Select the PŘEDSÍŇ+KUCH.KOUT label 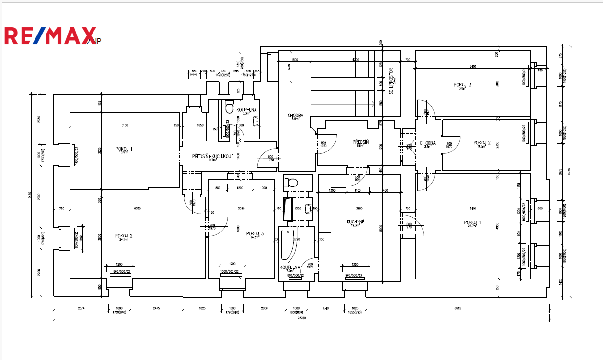pyautogui.click(x=213, y=157)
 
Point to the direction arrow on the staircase pyautogui.click(x=372, y=104)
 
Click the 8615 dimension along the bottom pyautogui.click(x=456, y=308)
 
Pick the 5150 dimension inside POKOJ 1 pyautogui.click(x=124, y=125)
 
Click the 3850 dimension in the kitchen pyautogui.click(x=359, y=209)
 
